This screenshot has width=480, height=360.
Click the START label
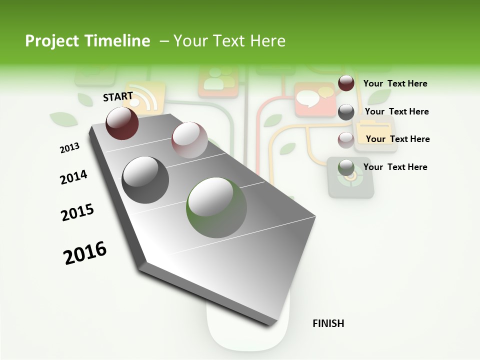point(118,96)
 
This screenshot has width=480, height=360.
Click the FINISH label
point(328,323)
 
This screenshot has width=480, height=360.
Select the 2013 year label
point(69,148)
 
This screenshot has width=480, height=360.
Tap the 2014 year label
point(73,177)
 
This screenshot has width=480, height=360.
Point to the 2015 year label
point(77,212)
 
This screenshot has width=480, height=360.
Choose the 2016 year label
point(85,253)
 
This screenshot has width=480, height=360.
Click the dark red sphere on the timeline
point(122,123)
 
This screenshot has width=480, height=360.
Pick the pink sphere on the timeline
point(189,140)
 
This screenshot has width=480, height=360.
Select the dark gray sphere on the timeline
point(145,180)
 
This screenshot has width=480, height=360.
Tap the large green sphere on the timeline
point(216,207)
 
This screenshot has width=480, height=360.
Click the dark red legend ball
point(346,83)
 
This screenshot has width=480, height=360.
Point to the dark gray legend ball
point(346,112)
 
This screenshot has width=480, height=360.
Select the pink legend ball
point(346,140)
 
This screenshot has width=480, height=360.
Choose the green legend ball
point(346,167)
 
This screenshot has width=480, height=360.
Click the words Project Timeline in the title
point(87,41)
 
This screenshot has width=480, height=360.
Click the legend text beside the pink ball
point(397,139)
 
